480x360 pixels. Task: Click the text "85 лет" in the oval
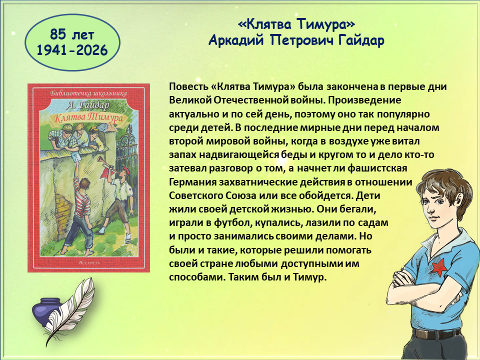tap(72, 34)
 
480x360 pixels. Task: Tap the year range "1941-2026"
tap(72, 50)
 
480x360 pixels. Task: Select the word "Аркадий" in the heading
tap(236, 40)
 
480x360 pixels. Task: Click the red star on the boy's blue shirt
tap(438, 267)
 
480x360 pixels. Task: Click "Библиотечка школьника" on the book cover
tap(88, 93)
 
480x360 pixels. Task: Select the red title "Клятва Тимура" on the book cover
tap(88, 118)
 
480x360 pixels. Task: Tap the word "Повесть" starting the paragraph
tap(188, 86)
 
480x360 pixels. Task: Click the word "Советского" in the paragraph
tap(196, 195)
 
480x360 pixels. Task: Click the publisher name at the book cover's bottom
tap(89, 262)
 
